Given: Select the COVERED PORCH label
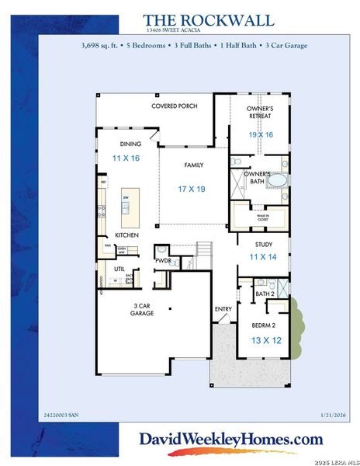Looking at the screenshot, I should click(x=174, y=106).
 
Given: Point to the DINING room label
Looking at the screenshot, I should click(x=130, y=144).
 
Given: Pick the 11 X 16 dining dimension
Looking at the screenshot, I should click(x=125, y=158).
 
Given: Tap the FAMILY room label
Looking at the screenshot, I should click(x=193, y=165).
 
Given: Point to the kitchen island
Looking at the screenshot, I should click(x=125, y=203).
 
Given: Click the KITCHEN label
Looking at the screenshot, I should click(x=126, y=234).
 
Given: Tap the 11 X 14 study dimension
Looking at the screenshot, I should click(x=262, y=256).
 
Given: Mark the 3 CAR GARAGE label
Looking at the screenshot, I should click(x=142, y=309).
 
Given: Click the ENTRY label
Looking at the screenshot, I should click(x=223, y=309).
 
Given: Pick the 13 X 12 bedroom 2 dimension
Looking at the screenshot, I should click(x=265, y=339).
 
